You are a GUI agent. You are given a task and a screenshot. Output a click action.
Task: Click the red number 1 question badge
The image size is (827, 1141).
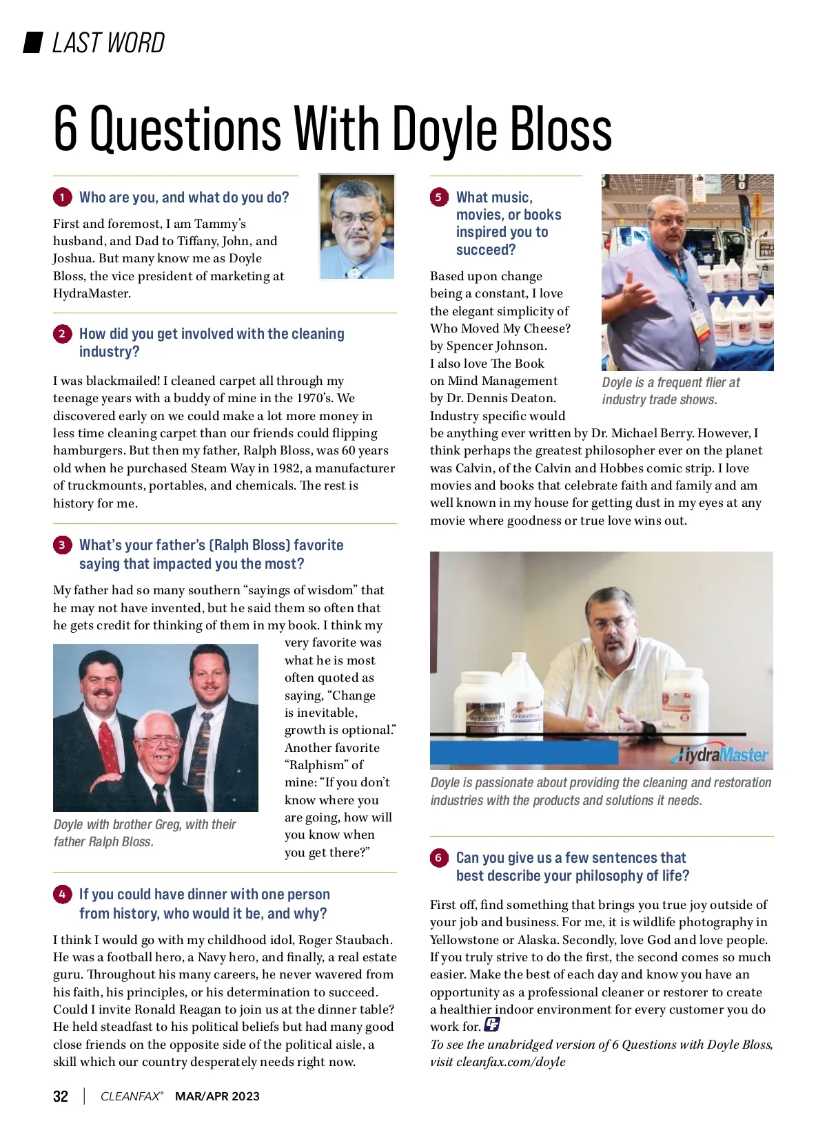pyautogui.click(x=62, y=198)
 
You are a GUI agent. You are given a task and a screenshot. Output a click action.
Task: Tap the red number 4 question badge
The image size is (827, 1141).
pyautogui.click(x=62, y=894)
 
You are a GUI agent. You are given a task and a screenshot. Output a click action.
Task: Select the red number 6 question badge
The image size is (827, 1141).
pyautogui.click(x=438, y=858)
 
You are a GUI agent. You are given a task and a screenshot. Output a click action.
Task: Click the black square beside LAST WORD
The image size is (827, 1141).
pyautogui.click(x=33, y=43)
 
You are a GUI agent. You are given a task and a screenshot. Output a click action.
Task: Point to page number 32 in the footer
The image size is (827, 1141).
pyautogui.click(x=61, y=1096)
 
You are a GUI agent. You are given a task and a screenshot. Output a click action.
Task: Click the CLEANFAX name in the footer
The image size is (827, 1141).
pyautogui.click(x=131, y=1096)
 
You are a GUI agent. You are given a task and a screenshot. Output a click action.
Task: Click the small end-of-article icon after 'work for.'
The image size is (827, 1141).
pyautogui.click(x=491, y=1025)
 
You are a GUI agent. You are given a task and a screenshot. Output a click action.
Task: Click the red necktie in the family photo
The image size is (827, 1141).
pyautogui.click(x=108, y=747)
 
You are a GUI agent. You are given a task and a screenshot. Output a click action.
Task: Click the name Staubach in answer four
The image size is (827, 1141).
pyautogui.click(x=360, y=940)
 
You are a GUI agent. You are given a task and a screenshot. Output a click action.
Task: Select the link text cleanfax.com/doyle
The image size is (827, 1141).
pyautogui.click(x=511, y=1062)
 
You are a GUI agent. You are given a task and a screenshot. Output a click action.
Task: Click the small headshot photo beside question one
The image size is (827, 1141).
pyautogui.click(x=357, y=227)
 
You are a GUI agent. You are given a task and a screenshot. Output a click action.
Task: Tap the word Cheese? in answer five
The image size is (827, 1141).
pyautogui.click(x=547, y=328)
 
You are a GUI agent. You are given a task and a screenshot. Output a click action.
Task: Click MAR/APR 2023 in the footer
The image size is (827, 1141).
pyautogui.click(x=217, y=1096)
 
